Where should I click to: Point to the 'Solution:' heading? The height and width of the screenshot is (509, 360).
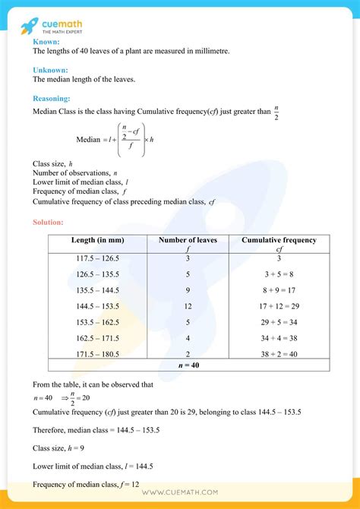[x=49, y=223]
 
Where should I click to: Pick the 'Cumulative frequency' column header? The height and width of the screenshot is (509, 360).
[x=279, y=240]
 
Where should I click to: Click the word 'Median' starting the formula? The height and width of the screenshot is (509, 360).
[x=88, y=140]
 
